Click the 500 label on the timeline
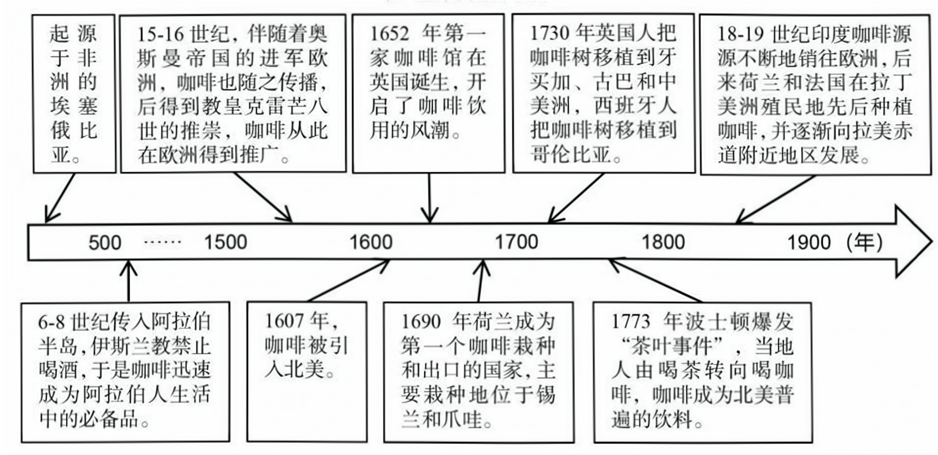pos(105,243)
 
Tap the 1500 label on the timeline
pos(226,242)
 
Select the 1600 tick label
pos(371,242)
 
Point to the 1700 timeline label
pos(517,242)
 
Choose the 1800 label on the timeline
pos(663,242)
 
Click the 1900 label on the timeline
pos(809,243)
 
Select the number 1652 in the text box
pos(389,34)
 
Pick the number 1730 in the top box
pos(549,33)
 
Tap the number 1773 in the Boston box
pos(631,321)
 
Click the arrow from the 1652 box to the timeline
pos(430,198)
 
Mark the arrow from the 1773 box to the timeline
pos(656,281)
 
